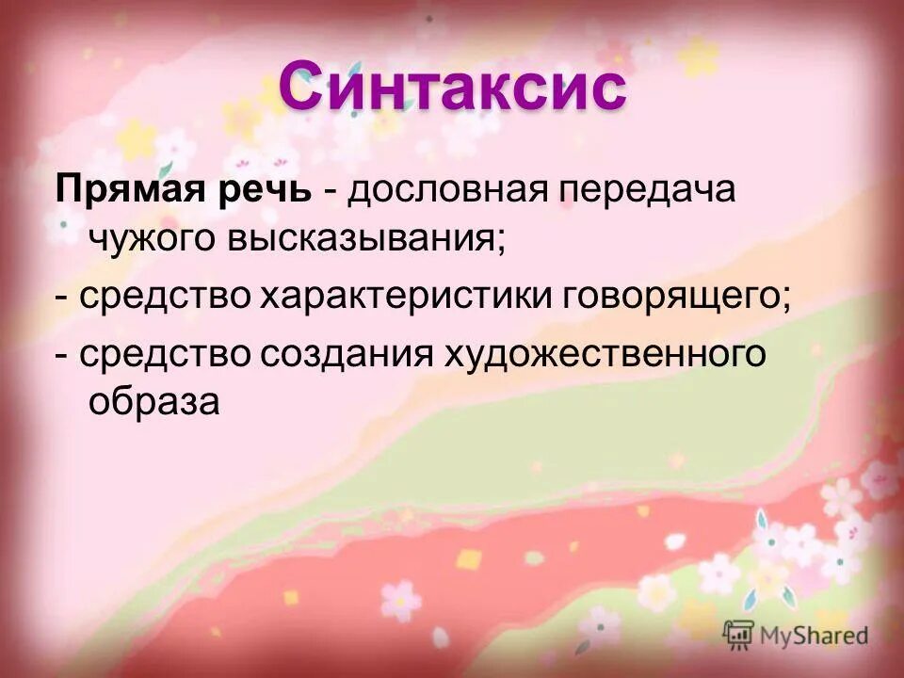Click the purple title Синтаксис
click(x=452, y=89)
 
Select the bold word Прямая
click(x=128, y=190)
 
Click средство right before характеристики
click(x=165, y=298)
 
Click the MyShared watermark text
click(x=815, y=636)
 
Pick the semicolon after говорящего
click(x=785, y=301)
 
